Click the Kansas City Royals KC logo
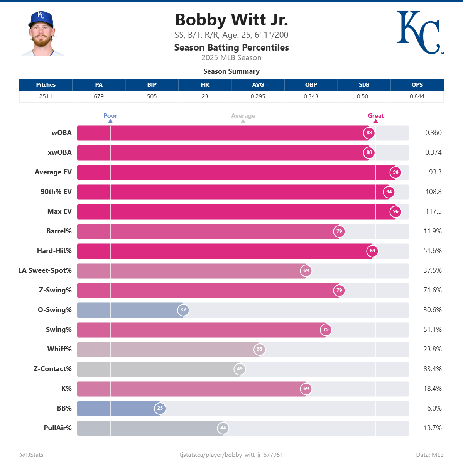(419, 32)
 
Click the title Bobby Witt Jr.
(231, 20)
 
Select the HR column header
(205, 85)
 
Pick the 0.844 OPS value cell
(417, 96)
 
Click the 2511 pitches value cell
(46, 96)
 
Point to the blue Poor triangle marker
(110, 121)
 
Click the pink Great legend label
(375, 116)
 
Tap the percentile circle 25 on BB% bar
(160, 408)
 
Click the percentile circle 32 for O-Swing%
(183, 310)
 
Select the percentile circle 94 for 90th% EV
(389, 192)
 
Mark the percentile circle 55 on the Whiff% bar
(260, 349)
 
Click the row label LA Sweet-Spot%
(45, 270)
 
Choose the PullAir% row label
(57, 428)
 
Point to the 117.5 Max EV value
(433, 211)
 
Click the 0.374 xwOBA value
(433, 152)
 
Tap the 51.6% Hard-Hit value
(433, 251)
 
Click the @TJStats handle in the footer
(31, 455)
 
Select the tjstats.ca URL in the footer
(231, 455)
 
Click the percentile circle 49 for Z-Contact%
(240, 369)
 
